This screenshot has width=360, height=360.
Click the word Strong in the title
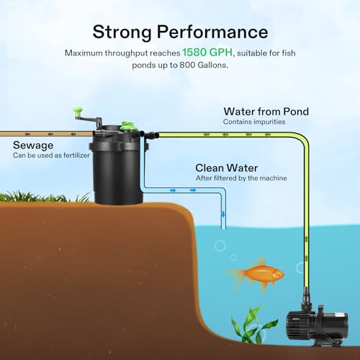coord(122,32)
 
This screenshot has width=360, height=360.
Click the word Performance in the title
coord(212,32)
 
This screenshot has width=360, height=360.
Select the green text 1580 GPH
coord(207,53)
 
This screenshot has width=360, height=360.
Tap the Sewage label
coord(33,145)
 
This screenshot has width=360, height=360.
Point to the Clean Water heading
coord(227,168)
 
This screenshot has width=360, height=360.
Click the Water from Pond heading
coord(266,112)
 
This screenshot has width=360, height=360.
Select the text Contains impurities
coord(254,122)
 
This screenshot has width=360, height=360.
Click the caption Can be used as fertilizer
coord(51,156)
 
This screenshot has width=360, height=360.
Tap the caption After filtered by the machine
coord(241,178)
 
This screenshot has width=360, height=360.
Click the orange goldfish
coord(258,274)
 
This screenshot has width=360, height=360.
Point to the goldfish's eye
coord(279,274)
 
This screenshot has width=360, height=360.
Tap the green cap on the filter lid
coord(127,125)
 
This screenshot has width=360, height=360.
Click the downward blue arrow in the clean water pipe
coord(223,214)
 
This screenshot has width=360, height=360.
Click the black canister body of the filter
coord(117,173)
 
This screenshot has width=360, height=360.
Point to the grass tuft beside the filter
coord(45,197)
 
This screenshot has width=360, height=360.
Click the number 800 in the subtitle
coord(187,65)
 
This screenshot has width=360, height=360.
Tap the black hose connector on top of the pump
coord(306,297)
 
